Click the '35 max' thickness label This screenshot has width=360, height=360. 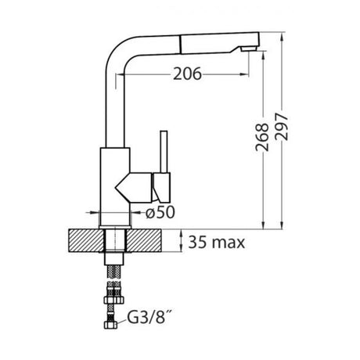216,243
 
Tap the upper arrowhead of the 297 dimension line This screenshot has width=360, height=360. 279,36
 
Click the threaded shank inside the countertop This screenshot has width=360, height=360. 114,243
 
